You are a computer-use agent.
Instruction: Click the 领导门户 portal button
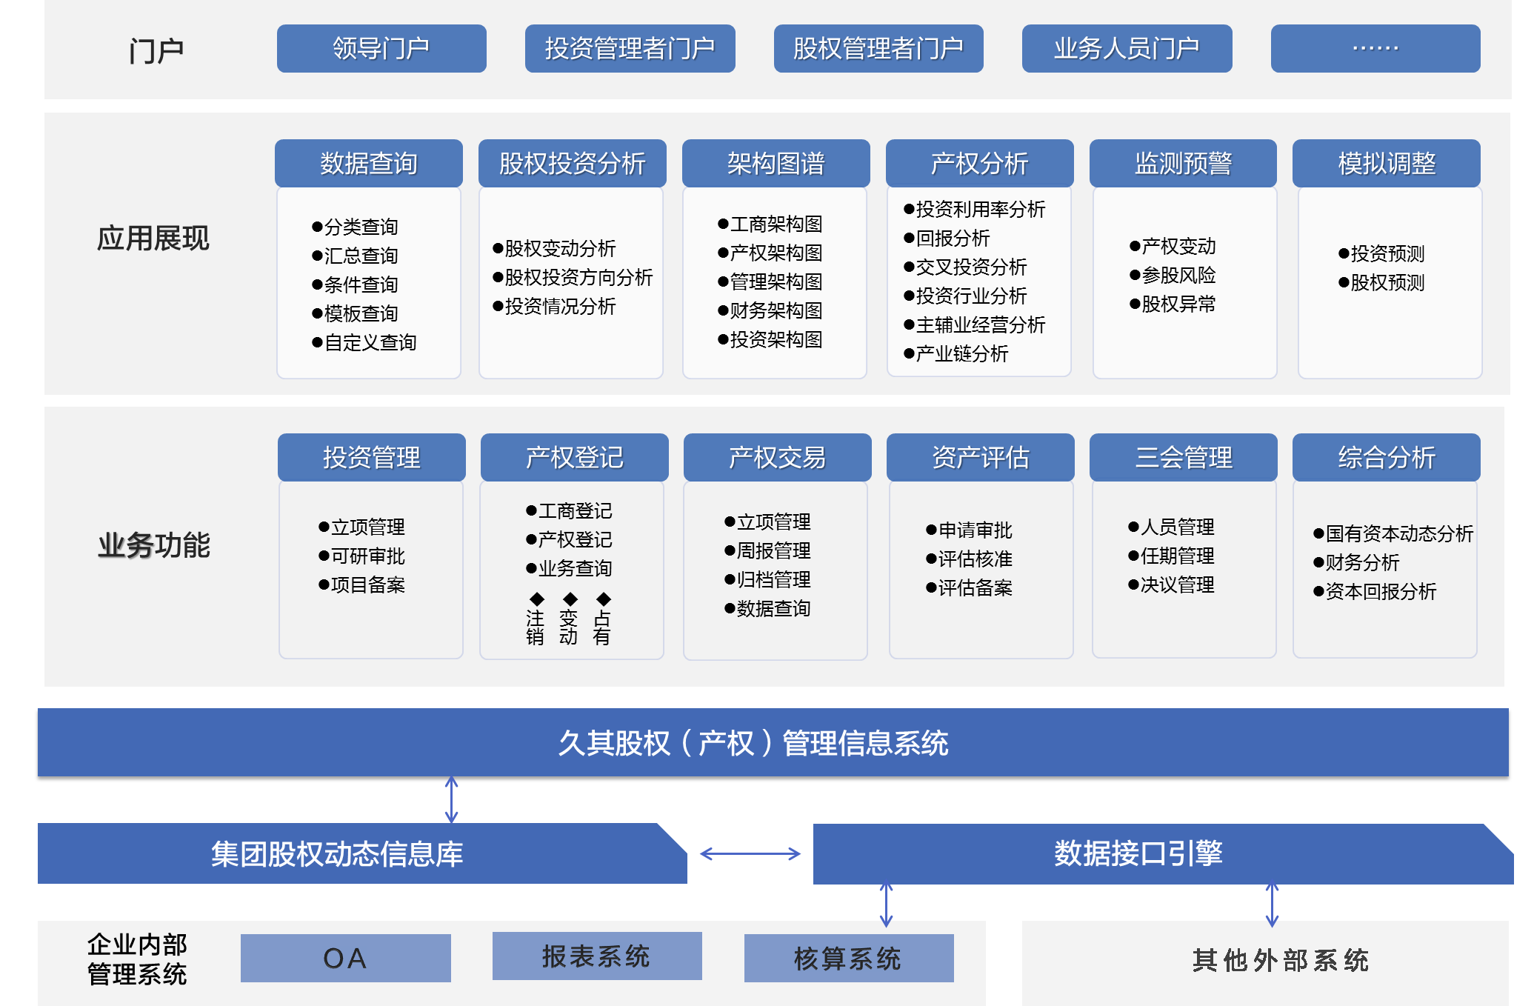click(x=381, y=49)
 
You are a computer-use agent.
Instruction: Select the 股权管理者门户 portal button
click(x=878, y=49)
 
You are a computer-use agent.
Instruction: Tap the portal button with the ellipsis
click(x=1375, y=49)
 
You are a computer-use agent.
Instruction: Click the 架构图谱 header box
click(x=776, y=163)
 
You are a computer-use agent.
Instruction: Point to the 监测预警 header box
click(x=1183, y=163)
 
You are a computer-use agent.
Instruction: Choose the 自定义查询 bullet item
click(x=364, y=342)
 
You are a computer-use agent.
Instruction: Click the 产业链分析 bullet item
click(x=956, y=353)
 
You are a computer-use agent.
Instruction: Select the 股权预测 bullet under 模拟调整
click(x=1382, y=282)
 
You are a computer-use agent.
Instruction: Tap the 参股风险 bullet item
click(x=1173, y=275)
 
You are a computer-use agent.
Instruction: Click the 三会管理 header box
click(x=1183, y=457)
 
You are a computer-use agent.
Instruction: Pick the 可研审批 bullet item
click(x=362, y=556)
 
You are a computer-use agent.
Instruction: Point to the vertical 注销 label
click(x=535, y=627)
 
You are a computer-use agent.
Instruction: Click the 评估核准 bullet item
click(x=970, y=559)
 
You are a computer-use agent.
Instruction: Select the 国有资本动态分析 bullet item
click(x=1393, y=533)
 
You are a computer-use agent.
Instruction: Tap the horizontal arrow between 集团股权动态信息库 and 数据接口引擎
click(x=750, y=854)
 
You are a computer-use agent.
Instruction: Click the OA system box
click(x=345, y=958)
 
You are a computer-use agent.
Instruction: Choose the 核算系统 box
click(x=848, y=958)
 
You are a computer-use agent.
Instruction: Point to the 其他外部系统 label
click(x=1280, y=960)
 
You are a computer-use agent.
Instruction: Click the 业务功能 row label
click(x=154, y=545)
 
